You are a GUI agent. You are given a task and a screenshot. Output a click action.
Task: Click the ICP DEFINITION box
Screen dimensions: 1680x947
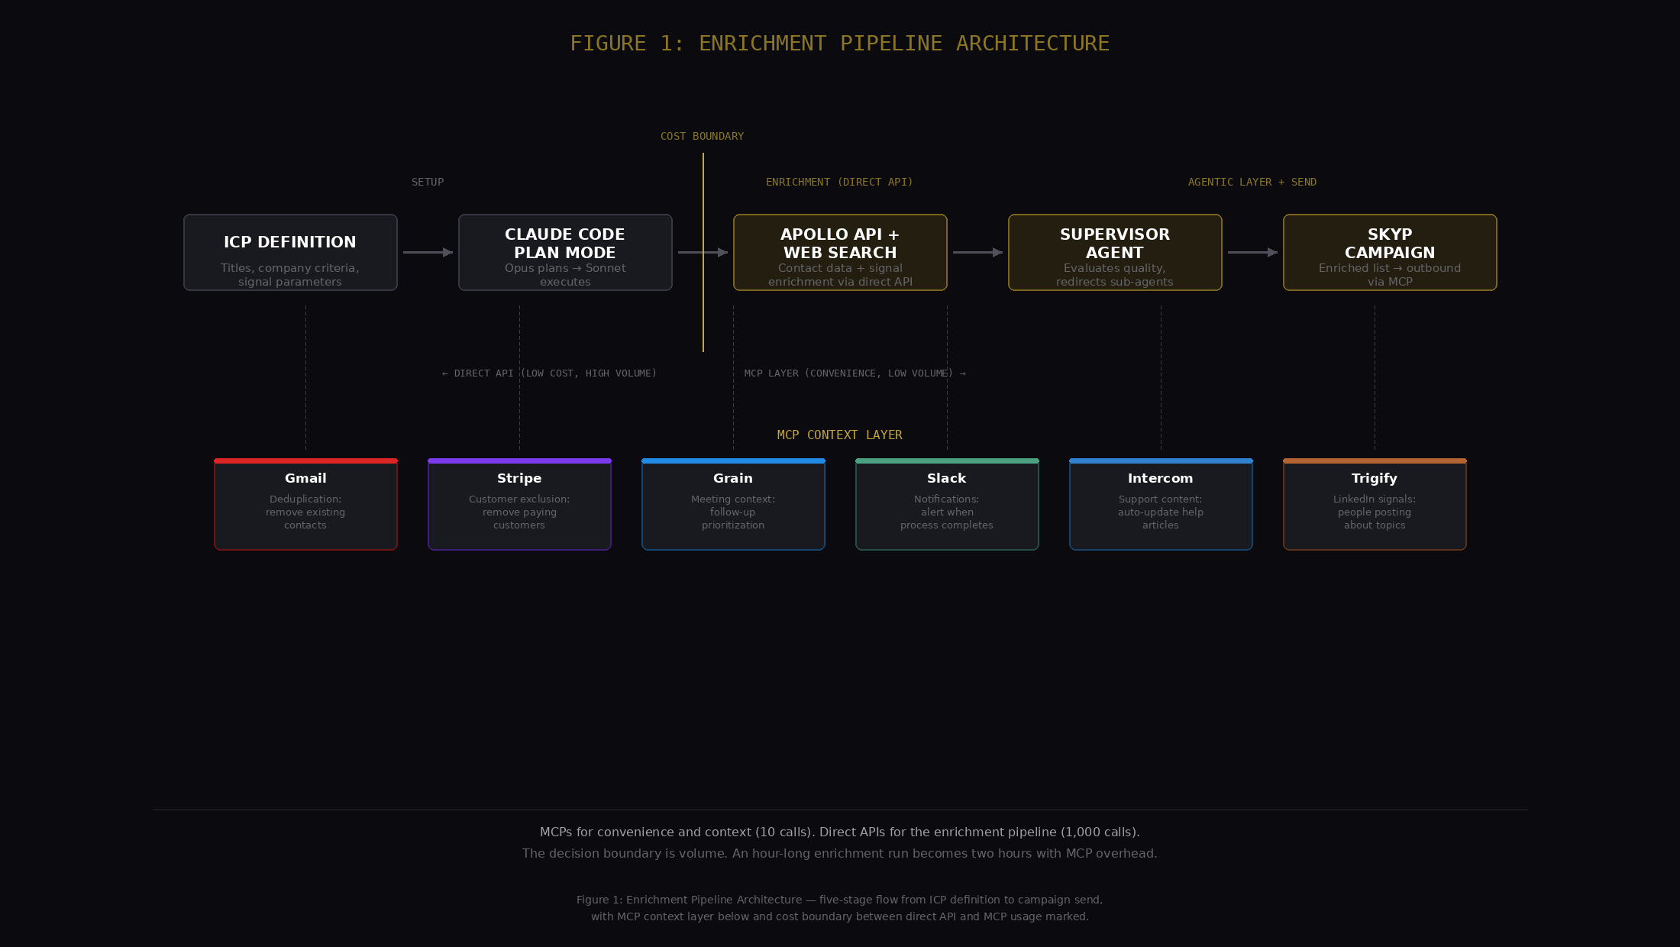tap(290, 252)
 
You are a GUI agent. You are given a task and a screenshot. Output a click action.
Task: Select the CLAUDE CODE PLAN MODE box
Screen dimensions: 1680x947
tap(565, 252)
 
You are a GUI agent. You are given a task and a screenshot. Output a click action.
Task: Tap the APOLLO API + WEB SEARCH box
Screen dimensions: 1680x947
tap(840, 252)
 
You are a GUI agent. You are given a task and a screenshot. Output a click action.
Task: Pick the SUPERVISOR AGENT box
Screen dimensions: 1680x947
tap(1115, 252)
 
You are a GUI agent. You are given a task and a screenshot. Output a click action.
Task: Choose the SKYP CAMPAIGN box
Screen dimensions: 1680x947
tap(1390, 252)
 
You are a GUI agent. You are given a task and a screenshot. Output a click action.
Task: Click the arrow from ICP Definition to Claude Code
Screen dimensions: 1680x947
tap(428, 252)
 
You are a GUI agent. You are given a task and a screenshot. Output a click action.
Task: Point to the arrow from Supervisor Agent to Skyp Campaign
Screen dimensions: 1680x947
tap(1252, 252)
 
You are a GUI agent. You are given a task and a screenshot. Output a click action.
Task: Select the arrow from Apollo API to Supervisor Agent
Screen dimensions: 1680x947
tap(977, 252)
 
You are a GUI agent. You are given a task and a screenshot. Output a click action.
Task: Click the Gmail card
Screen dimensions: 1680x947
tap(305, 504)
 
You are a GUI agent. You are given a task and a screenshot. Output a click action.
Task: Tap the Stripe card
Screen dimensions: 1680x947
tap(519, 504)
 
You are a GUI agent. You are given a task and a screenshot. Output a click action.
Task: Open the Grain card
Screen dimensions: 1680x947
tap(733, 504)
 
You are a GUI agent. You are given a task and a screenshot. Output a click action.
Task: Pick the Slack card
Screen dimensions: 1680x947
tap(947, 504)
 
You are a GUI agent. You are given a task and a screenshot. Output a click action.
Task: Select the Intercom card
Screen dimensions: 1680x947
tap(1161, 504)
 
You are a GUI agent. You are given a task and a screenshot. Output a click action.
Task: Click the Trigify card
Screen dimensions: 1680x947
tap(1375, 504)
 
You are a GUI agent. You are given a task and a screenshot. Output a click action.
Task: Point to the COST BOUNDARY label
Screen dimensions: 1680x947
tap(702, 136)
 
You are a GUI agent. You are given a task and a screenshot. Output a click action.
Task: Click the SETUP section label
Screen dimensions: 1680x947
tap(428, 182)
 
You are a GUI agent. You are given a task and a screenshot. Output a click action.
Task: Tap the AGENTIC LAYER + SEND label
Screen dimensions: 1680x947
tap(1252, 182)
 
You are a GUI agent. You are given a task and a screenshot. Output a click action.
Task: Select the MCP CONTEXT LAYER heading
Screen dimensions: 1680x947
tap(839, 435)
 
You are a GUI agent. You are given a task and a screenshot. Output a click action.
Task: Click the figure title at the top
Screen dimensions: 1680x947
tap(839, 44)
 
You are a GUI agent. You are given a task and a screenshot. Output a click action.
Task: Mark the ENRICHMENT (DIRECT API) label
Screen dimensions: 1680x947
tap(839, 182)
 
